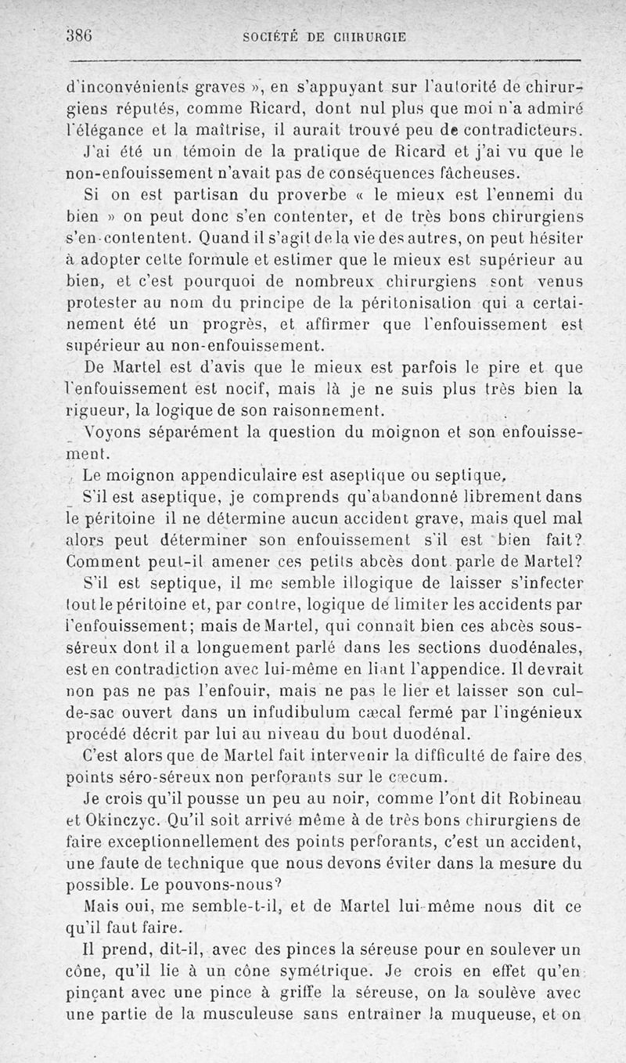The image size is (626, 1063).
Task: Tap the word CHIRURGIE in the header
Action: click(x=367, y=36)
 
